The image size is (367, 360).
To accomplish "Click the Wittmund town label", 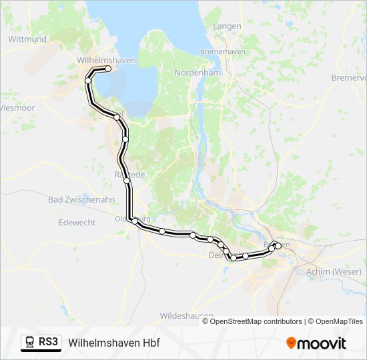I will (x=27, y=39).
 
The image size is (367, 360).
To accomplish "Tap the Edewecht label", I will (x=77, y=223).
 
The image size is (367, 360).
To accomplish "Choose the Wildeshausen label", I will (x=186, y=315).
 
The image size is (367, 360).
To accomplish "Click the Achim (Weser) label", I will (x=334, y=271).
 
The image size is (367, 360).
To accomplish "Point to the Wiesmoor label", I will (x=17, y=107).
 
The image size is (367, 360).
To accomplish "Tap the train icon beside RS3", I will (x=30, y=342).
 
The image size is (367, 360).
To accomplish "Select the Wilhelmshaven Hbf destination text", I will (x=114, y=343).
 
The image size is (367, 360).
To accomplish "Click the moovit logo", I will (x=316, y=343).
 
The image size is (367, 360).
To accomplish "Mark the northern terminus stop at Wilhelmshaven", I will (x=108, y=69).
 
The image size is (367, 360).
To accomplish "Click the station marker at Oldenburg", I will (x=135, y=221).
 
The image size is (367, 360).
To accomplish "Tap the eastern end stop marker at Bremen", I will (x=278, y=246).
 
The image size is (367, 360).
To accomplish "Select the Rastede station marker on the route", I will (x=126, y=180).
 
